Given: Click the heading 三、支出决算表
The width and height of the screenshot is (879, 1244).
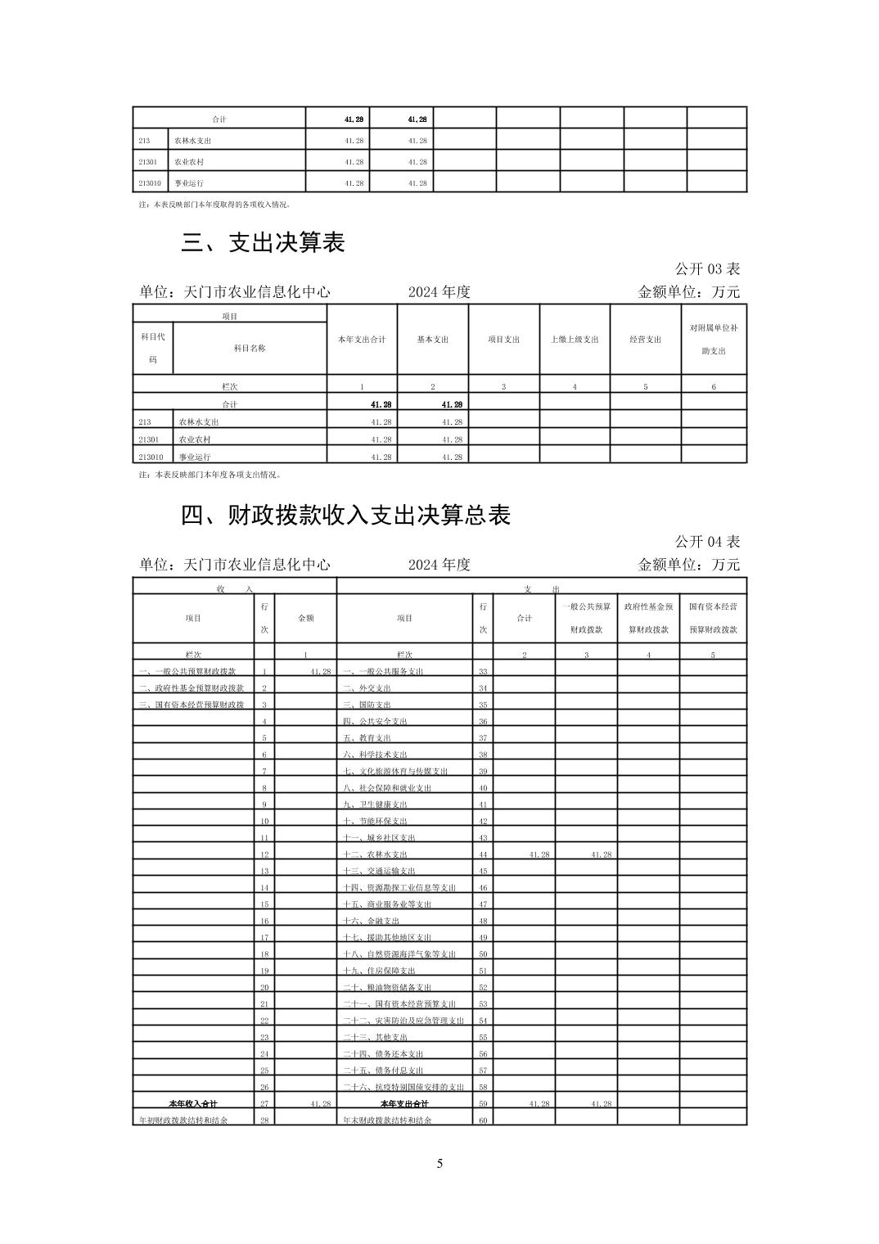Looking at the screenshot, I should [263, 242].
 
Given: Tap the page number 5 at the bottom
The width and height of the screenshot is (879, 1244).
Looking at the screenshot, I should [439, 1164].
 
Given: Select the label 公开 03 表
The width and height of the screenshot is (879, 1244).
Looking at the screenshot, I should [707, 268].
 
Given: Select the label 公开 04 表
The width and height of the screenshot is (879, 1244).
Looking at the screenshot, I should [707, 541].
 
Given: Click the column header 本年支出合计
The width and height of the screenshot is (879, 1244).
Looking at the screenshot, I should [362, 340].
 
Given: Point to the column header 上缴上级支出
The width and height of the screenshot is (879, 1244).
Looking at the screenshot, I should [575, 340].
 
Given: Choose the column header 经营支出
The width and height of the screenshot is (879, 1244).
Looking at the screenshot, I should [645, 340].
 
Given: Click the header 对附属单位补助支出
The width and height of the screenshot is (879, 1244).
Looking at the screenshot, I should [714, 340].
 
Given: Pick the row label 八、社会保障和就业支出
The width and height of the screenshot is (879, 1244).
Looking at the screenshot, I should [387, 788].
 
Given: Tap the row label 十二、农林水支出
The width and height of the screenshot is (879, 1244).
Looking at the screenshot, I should [375, 854].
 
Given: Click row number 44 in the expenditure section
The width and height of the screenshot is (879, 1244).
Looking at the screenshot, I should [483, 854].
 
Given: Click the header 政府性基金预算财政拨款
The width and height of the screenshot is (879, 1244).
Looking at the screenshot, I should [648, 618].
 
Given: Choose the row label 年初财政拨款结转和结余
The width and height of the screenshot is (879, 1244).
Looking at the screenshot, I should [183, 1120].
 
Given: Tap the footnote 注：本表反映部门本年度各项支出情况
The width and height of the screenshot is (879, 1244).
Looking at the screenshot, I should [209, 475].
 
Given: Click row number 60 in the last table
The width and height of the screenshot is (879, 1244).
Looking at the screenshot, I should [483, 1120].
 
